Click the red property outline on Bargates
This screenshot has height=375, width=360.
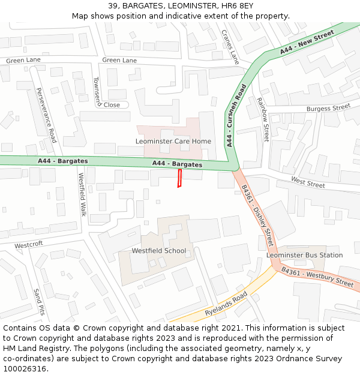pos(179,178)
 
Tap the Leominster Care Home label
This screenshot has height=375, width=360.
pos(173,141)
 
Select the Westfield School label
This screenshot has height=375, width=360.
pos(158,251)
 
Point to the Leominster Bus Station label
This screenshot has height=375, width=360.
pos(304,255)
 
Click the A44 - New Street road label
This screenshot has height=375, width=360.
pos(307,43)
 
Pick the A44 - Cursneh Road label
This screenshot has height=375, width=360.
pos(237,116)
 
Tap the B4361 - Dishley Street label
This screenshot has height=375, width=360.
pos(257,215)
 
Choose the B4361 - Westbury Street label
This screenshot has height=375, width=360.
pos(317,277)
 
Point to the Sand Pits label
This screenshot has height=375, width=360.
pos(39,302)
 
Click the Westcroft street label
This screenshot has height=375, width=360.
pos(29,245)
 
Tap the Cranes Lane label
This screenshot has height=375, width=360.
pos(230,47)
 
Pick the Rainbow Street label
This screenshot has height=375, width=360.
pos(263,120)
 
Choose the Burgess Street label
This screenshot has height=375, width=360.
pos(328,108)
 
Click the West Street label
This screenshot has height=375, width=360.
pos(308,181)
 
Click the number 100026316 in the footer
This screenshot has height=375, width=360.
pos(24,368)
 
